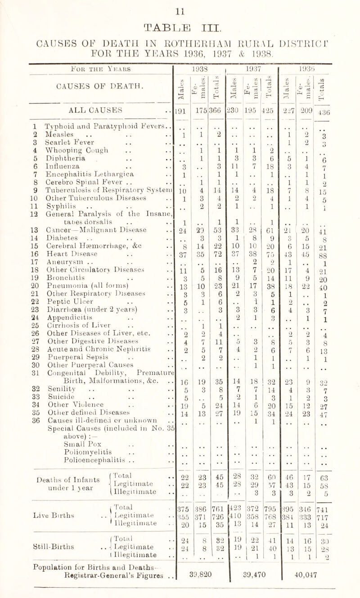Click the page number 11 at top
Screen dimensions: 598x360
[x=180, y=5]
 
